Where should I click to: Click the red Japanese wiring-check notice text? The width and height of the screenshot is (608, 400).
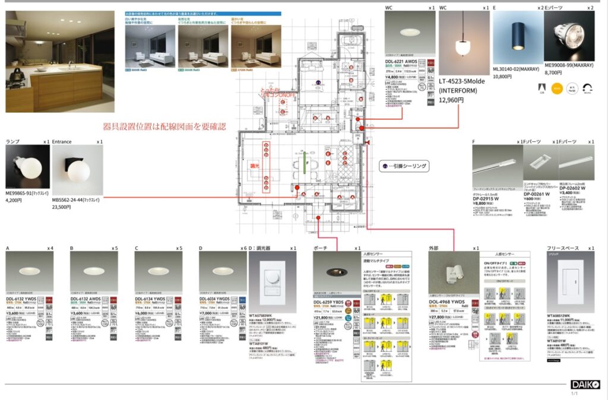pyautogui.click(x=164, y=126)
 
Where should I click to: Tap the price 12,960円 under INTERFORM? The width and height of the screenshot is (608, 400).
pyautogui.click(x=452, y=100)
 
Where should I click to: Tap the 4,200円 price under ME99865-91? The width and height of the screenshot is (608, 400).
pyautogui.click(x=14, y=200)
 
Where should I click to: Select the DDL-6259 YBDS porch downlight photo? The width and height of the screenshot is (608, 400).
pyautogui.click(x=336, y=272)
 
